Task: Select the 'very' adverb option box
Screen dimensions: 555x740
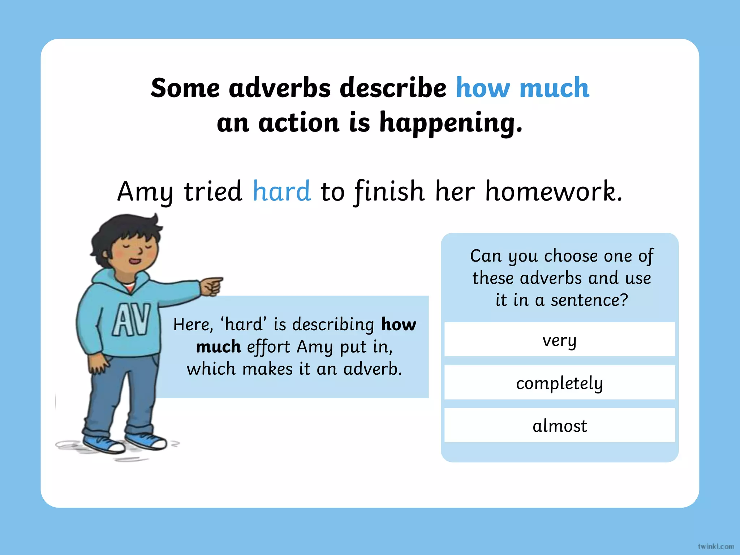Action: (559, 340)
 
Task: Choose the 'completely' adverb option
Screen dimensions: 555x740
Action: (559, 383)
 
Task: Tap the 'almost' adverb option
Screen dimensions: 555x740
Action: (559, 426)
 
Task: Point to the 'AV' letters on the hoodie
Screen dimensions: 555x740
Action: (131, 320)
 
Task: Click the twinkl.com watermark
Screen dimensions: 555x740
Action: (716, 547)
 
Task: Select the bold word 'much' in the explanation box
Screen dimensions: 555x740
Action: (218, 347)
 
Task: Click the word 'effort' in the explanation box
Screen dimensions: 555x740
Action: (268, 347)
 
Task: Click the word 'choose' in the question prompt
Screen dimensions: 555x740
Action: (571, 256)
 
